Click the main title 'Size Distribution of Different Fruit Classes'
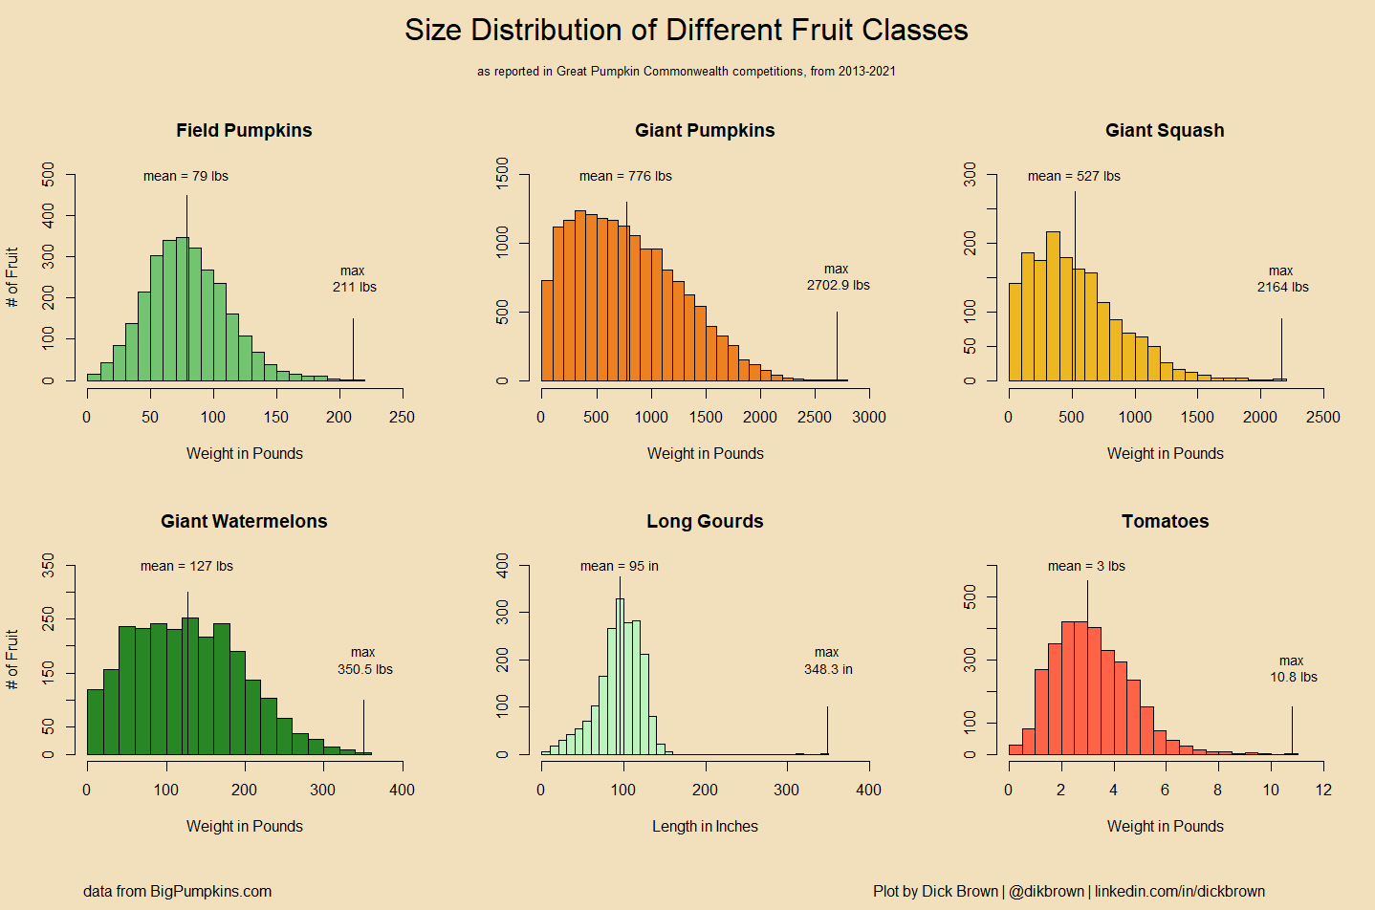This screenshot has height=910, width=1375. tap(686, 31)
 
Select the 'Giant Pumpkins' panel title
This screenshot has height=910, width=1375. tap(705, 131)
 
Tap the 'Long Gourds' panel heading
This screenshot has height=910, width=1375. tap(705, 522)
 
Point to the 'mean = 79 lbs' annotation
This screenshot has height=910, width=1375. tap(186, 176)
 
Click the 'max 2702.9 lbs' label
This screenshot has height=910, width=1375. tap(838, 277)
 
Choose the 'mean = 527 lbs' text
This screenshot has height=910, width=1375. tap(1074, 176)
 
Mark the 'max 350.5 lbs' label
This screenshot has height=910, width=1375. tap(364, 661)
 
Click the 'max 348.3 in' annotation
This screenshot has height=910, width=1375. tap(828, 661)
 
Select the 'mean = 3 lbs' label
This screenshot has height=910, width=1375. tap(1086, 566)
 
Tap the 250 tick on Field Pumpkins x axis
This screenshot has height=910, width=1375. tap(403, 417)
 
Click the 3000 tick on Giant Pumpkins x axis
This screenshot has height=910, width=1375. tap(869, 417)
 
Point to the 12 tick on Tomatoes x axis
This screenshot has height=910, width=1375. tap(1323, 790)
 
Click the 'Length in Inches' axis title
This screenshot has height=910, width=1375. tap(705, 826)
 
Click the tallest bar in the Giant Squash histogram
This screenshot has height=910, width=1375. tap(1053, 306)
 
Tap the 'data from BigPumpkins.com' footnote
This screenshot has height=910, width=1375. tap(177, 891)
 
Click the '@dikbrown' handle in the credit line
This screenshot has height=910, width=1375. tap(1047, 891)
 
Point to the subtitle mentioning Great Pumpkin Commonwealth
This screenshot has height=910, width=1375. tap(686, 71)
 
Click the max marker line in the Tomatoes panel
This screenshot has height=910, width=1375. tap(1292, 730)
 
